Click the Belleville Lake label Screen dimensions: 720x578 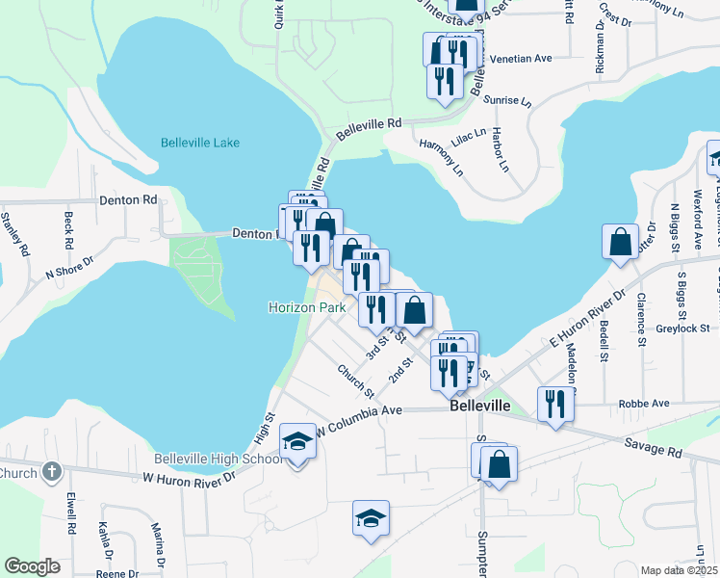click(x=199, y=144)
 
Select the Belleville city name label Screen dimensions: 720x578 click(x=479, y=407)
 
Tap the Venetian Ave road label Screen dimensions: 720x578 click(x=521, y=59)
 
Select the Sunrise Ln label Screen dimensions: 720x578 click(x=509, y=100)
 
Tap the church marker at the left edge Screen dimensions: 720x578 click(x=52, y=472)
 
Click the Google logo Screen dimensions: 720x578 click(x=32, y=566)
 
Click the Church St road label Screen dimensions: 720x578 click(x=355, y=380)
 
